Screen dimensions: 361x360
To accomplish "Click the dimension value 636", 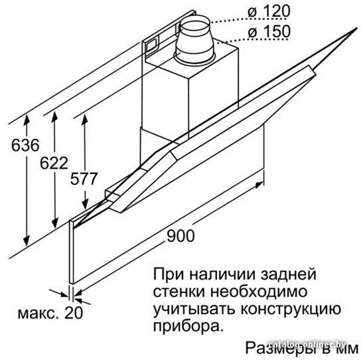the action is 25,145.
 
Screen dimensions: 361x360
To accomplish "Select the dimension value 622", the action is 54,163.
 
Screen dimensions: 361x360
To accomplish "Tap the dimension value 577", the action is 84,179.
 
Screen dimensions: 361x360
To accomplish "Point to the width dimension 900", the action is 180,236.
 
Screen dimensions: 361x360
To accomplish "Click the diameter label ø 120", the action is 269,11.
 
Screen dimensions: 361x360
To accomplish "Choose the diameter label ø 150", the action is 269,31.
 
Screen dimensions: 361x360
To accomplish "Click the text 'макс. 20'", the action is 50,313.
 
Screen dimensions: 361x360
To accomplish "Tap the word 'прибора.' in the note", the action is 188,326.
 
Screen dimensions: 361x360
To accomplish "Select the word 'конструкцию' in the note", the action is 291,309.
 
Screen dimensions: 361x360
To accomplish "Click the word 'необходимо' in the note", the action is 259,292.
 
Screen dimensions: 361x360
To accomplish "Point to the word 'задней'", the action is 288,274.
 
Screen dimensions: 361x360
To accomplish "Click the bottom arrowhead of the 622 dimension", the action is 55,224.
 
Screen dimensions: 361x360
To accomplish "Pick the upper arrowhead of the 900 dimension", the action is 259,184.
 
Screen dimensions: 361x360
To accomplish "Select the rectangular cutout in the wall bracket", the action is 151,45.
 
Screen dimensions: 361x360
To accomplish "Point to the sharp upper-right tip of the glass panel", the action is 357,27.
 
